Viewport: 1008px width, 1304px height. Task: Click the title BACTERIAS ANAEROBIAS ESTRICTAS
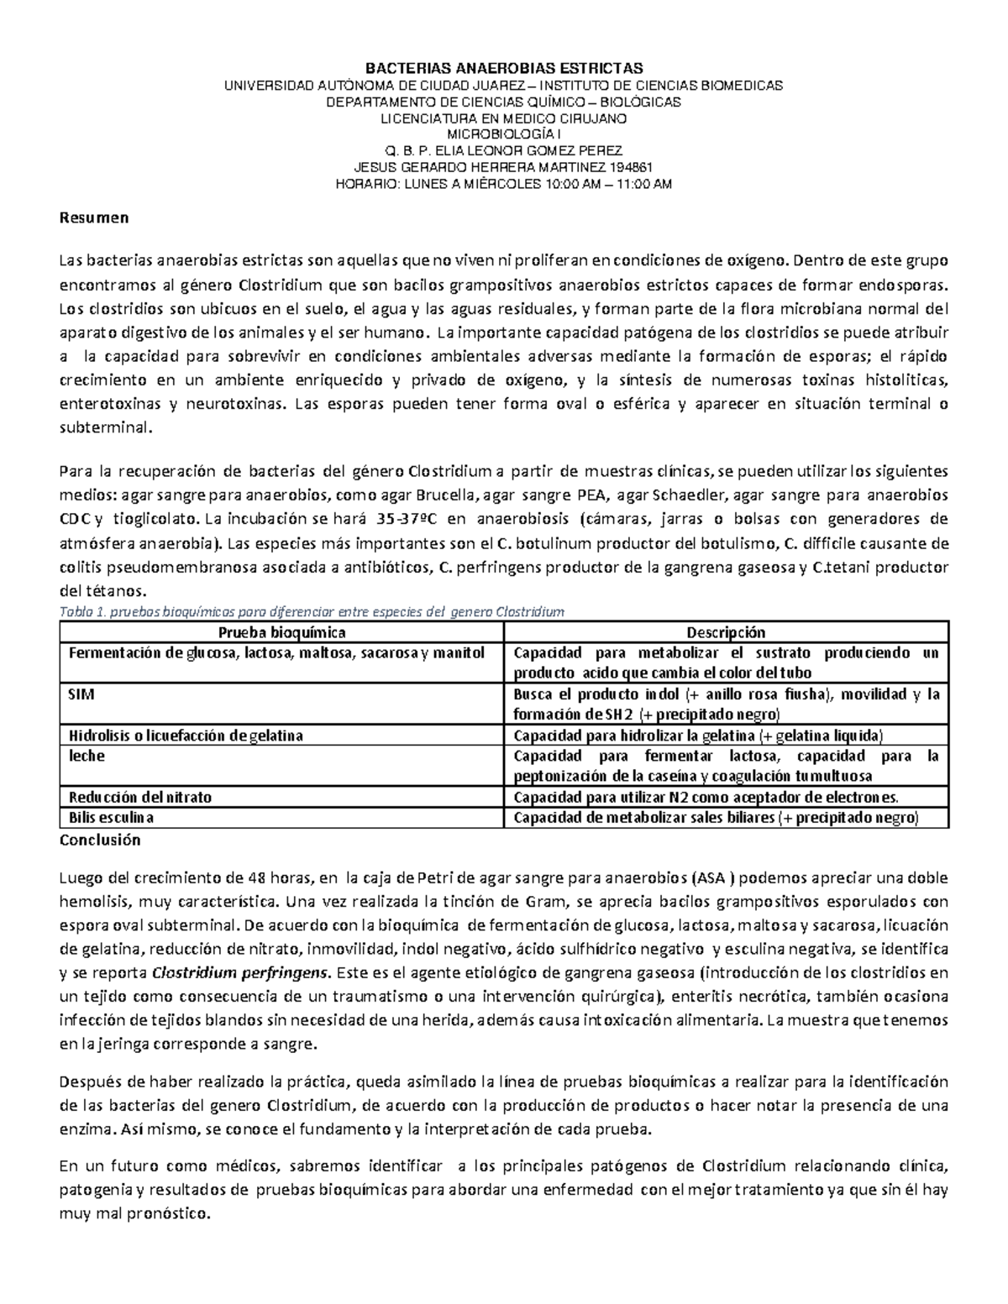click(503, 68)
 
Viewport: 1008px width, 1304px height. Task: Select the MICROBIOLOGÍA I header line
click(503, 134)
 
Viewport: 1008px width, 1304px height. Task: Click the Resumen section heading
click(93, 218)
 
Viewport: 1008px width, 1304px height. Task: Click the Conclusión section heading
click(99, 840)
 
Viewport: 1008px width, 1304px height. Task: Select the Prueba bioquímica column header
click(281, 632)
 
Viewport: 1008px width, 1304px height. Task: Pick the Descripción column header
click(726, 632)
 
